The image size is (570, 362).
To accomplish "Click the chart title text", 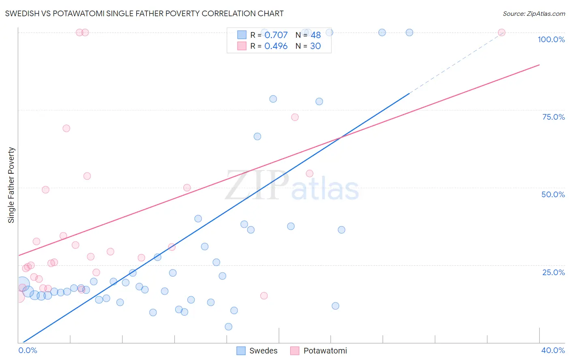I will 144,13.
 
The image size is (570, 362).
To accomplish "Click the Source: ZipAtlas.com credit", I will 534,13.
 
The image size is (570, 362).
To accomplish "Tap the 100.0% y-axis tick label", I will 551,39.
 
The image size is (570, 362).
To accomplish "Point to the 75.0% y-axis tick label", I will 553,117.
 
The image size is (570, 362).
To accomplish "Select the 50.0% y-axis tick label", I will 553,194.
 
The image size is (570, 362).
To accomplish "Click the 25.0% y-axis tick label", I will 553,272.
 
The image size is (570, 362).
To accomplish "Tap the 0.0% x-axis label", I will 28,350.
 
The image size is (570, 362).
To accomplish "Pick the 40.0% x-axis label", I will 553,350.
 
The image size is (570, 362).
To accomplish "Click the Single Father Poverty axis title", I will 11,185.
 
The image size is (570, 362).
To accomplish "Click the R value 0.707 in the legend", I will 276,35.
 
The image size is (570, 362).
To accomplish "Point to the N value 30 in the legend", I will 315,46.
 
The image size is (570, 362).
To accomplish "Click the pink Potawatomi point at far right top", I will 501,32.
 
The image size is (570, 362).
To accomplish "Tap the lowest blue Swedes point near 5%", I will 229,327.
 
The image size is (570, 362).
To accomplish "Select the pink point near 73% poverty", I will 295,117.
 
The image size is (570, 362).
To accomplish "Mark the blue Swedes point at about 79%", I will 273,99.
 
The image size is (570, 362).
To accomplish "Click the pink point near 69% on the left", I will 66,128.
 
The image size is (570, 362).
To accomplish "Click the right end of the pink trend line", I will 539,65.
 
